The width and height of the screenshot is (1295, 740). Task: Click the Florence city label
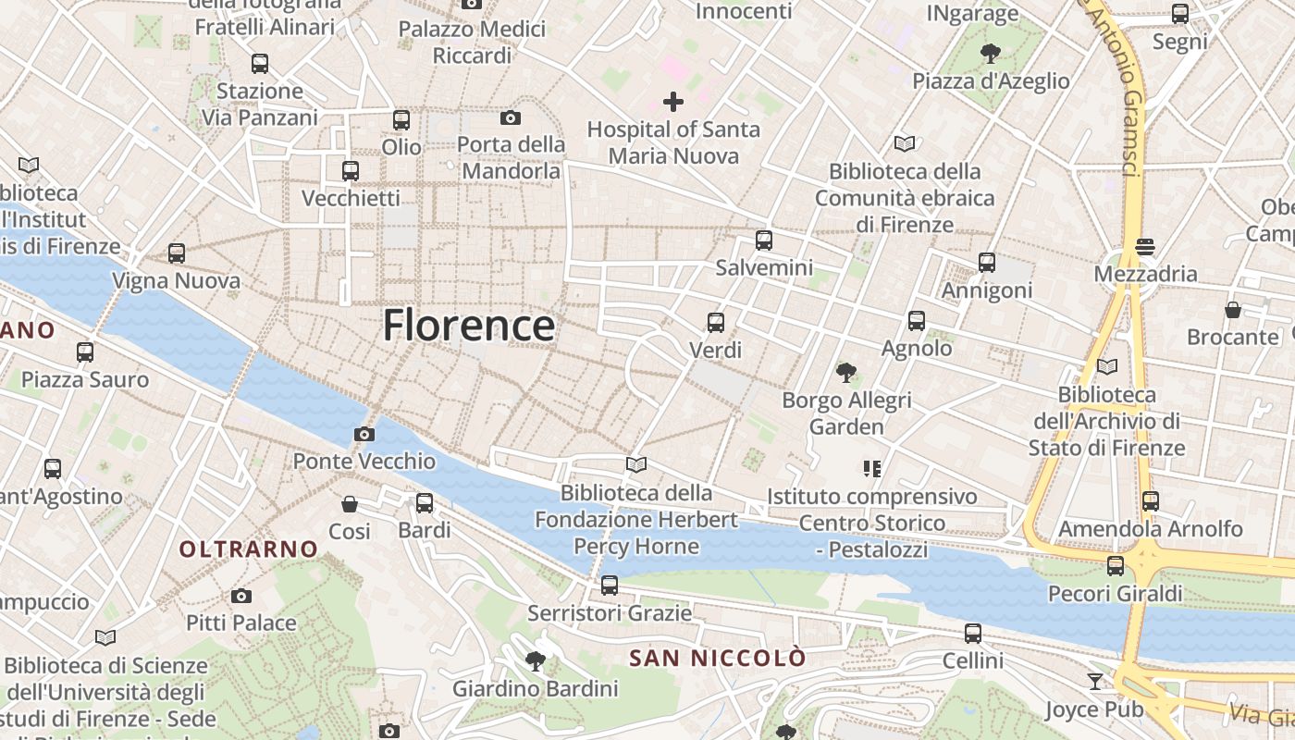click(469, 326)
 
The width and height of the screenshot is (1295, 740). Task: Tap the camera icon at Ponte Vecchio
click(364, 434)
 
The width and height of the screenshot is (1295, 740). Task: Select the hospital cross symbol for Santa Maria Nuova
click(673, 102)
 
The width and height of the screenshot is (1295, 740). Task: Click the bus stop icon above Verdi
click(716, 323)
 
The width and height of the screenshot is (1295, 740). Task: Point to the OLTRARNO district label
click(248, 549)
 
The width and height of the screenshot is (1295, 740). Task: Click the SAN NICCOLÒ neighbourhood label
click(717, 659)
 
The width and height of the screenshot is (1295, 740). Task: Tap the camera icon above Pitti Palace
click(241, 596)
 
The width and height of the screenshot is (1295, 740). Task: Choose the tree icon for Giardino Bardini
click(535, 660)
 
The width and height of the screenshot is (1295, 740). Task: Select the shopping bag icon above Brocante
click(1232, 310)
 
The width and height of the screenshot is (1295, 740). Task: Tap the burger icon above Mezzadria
click(1145, 247)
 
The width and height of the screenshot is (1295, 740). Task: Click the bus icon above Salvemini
click(764, 240)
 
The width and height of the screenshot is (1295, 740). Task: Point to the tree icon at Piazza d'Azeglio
click(991, 53)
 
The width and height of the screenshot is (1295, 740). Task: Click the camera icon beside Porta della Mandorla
click(510, 117)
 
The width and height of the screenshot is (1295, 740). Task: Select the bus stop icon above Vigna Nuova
click(176, 253)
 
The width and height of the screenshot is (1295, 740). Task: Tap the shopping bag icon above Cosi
click(350, 504)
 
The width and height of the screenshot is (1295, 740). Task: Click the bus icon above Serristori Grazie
click(609, 586)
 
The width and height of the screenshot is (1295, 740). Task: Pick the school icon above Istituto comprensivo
click(871, 469)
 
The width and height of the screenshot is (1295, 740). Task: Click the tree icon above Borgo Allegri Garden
click(845, 373)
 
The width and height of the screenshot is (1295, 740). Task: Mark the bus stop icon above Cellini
click(973, 634)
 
